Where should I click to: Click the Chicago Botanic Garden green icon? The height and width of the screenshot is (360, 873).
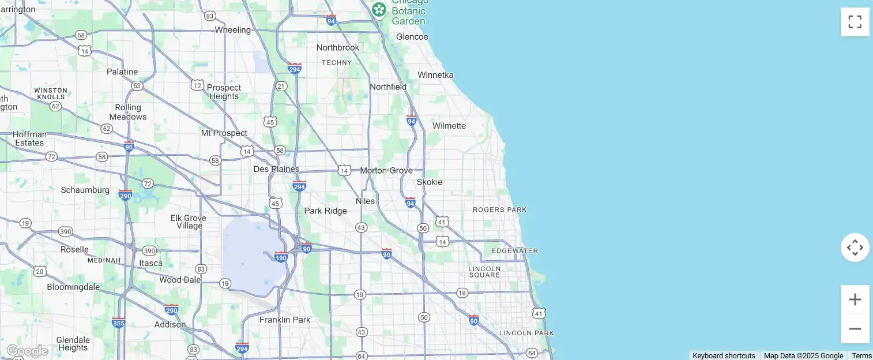coord(379,9)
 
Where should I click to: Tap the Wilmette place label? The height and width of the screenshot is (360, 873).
coord(449,126)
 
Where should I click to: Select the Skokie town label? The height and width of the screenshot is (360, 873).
coord(430,182)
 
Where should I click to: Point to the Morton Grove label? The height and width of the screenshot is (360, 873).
coord(386,171)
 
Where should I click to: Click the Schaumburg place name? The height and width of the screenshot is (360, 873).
coord(85,190)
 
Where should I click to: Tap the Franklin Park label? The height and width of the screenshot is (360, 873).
coord(285,320)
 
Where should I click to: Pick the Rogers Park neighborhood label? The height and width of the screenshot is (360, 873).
coord(500,210)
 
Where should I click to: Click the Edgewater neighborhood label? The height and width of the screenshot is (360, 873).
coord(515,251)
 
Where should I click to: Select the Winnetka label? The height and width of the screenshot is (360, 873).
coord(435,75)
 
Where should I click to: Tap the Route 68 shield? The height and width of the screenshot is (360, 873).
coord(81,35)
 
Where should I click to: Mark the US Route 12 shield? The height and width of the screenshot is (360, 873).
coord(197,85)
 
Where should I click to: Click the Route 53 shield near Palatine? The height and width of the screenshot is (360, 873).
coord(137,86)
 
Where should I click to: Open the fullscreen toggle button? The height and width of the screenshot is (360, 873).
coord(855,22)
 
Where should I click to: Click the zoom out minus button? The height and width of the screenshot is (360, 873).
coord(855,329)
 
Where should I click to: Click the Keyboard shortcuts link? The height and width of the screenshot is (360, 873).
coord(724,355)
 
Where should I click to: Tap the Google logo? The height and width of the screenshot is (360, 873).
coord(27,351)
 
